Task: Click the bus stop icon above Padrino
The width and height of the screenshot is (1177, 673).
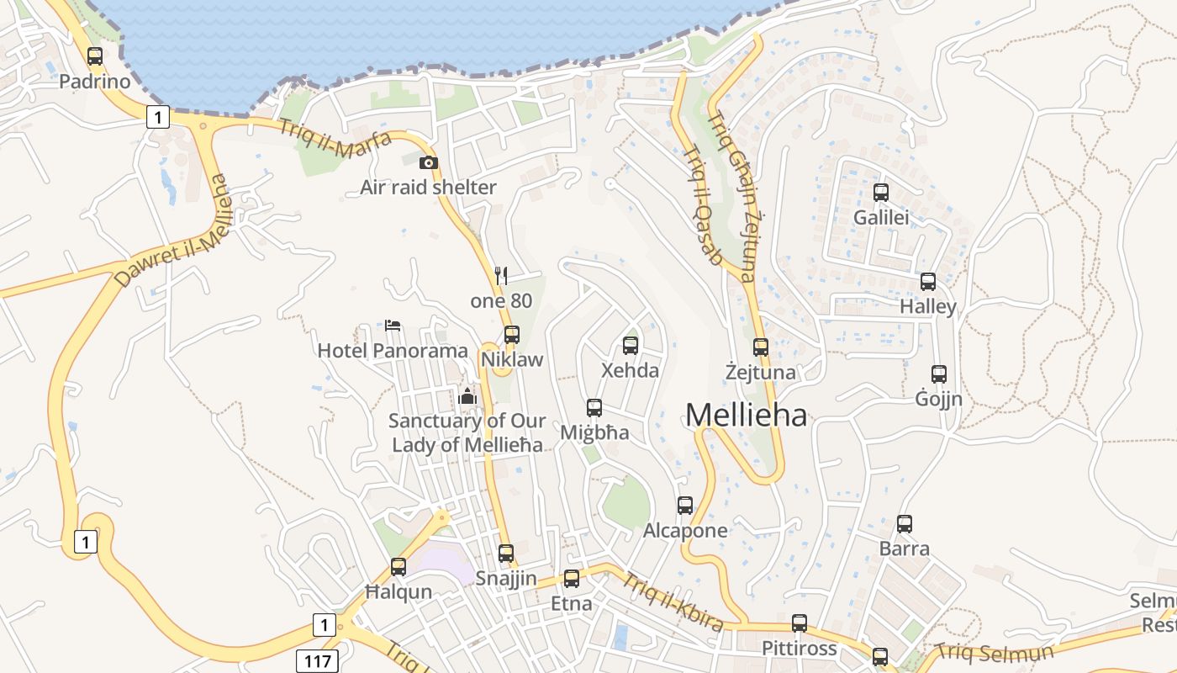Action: (95, 56)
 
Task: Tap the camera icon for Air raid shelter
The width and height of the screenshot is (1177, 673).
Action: (429, 162)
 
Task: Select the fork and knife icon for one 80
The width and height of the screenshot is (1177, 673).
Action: (501, 275)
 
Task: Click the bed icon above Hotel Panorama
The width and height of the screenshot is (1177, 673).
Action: (393, 325)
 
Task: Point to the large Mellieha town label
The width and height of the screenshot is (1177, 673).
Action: (746, 415)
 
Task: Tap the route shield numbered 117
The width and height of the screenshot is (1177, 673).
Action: (317, 660)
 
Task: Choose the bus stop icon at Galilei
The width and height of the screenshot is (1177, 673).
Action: (881, 193)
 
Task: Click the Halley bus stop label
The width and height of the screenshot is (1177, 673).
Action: (928, 306)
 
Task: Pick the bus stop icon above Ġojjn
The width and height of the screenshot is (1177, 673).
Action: (939, 374)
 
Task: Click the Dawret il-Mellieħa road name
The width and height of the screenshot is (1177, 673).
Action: (172, 231)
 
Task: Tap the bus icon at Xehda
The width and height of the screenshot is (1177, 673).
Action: (631, 345)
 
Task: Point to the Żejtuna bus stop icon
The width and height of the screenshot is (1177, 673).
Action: (761, 347)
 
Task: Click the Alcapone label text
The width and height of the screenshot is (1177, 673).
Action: (685, 531)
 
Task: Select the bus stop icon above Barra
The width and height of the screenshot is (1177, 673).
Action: (905, 524)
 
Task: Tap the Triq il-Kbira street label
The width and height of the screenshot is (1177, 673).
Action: (673, 601)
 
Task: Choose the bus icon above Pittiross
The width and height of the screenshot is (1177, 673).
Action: (800, 623)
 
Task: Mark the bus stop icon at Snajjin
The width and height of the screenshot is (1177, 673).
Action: (506, 554)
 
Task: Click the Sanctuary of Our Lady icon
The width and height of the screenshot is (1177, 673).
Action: (468, 395)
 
